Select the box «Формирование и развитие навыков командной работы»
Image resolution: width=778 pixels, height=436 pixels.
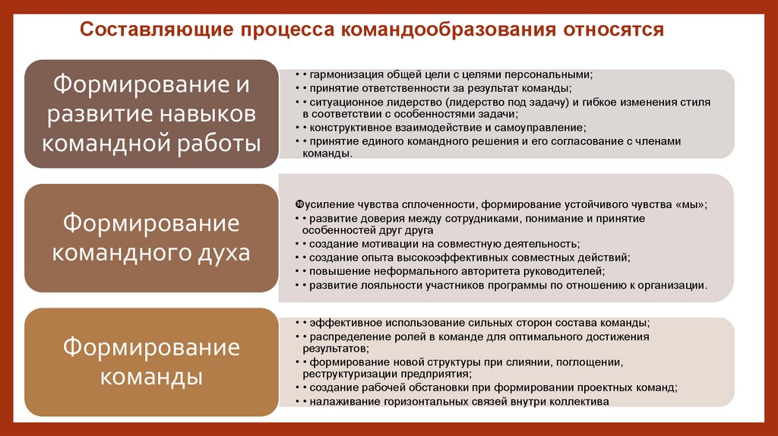(150, 113)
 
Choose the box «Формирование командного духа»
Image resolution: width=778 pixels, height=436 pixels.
(150, 239)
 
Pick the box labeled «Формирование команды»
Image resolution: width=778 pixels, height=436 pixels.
(150, 362)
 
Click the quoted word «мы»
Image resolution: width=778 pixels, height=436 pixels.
(692, 204)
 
